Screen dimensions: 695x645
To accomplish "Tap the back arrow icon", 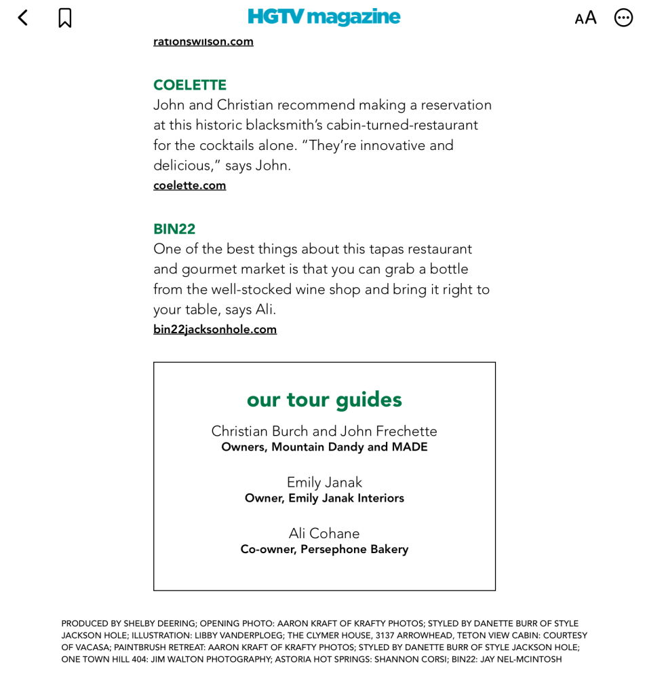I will tap(23, 18).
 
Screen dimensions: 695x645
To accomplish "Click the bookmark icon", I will tap(65, 18).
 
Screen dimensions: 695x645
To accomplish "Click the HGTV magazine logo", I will tap(324, 16).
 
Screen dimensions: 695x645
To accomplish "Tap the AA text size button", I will tap(585, 18).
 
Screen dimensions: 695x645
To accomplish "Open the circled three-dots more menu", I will tap(623, 18).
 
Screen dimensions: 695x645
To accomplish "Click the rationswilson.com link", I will tap(203, 41).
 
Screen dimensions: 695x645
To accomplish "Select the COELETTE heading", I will tap(190, 85).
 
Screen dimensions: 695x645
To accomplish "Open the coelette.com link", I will tap(189, 185).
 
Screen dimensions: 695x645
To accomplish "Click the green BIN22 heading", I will tap(174, 229).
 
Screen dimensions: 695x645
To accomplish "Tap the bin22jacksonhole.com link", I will tap(215, 329).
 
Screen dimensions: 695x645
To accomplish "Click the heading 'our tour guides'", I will tap(324, 399).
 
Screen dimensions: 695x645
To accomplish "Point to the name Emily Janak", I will tap(324, 483).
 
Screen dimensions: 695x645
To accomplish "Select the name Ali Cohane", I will tap(324, 533).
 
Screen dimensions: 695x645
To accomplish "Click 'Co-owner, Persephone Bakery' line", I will tap(324, 549).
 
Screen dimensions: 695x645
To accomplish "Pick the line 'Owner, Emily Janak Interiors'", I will tap(324, 498).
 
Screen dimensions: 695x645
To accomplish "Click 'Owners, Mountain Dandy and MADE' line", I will tap(324, 447).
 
